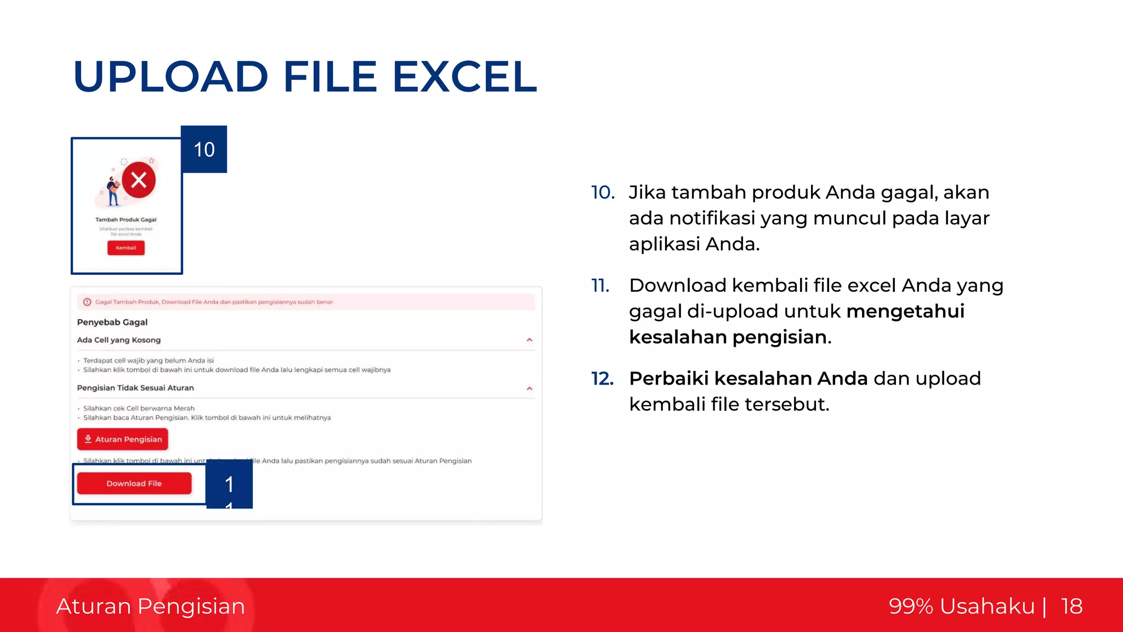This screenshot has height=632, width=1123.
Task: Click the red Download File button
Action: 134,483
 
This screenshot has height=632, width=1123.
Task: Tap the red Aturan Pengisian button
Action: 123,439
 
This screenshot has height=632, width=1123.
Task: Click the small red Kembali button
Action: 126,248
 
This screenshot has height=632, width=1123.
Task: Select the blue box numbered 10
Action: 204,149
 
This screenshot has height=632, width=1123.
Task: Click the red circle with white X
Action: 139,180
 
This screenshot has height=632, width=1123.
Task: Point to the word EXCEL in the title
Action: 464,77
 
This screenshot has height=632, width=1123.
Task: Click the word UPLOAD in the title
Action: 171,77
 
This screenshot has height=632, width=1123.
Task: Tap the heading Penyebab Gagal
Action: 112,322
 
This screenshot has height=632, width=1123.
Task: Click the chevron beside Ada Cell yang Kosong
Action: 529,340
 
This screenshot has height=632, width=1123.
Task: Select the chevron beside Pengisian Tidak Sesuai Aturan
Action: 529,388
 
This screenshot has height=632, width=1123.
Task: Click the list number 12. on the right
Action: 602,379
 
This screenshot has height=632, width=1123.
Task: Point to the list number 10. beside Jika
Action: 603,193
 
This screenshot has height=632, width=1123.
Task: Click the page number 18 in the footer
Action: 1071,606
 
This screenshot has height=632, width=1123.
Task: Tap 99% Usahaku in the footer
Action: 961,606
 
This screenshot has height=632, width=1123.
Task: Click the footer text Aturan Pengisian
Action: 150,606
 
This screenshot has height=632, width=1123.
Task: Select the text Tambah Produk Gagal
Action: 126,219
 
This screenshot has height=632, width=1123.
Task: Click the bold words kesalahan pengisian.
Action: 730,337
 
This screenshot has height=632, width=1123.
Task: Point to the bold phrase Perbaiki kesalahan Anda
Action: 748,379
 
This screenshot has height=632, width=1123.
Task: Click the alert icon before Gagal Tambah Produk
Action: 87,302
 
